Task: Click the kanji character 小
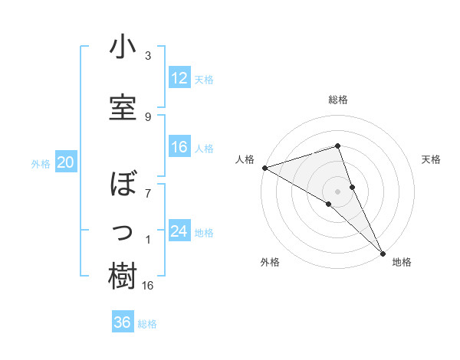123,47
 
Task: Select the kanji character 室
123,107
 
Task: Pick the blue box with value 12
179,78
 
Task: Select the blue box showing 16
179,148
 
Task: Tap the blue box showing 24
179,231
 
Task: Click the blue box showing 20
66,162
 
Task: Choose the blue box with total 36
123,322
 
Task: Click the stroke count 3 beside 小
148,56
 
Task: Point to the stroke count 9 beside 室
148,116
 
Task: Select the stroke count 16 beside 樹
149,286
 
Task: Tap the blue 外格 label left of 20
41,163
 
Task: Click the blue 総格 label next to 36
147,323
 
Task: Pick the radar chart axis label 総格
337,100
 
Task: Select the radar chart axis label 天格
432,159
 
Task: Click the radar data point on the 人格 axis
264,167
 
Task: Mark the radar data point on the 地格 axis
383,251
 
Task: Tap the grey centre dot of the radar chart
337,190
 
